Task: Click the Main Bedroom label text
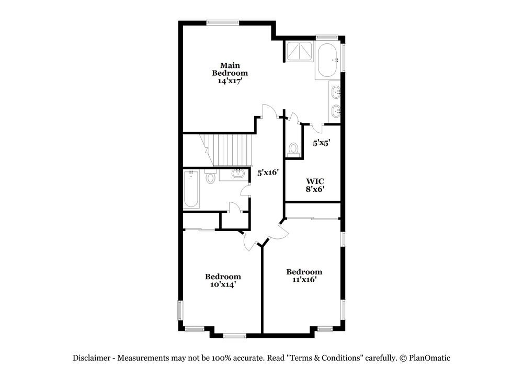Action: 230,69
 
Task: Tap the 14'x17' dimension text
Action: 230,81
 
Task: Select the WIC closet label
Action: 315,181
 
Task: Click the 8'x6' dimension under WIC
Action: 315,189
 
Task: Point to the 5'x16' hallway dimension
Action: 267,172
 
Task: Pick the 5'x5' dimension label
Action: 322,142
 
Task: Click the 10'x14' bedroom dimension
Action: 223,284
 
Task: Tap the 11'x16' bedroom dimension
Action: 304,280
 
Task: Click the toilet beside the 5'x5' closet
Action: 293,150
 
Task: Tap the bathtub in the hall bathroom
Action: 191,189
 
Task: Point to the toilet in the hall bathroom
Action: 211,177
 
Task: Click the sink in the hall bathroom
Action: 238,174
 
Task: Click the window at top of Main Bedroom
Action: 223,22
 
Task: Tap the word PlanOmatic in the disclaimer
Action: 429,358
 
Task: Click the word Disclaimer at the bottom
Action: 91,358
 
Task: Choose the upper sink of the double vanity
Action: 336,94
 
